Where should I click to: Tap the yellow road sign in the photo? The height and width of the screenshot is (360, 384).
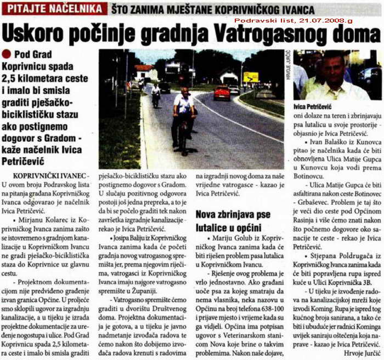pos(251,77)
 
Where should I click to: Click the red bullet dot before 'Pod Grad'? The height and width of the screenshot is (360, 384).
pos(6,54)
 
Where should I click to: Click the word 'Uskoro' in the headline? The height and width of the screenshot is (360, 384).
pos(30,33)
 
